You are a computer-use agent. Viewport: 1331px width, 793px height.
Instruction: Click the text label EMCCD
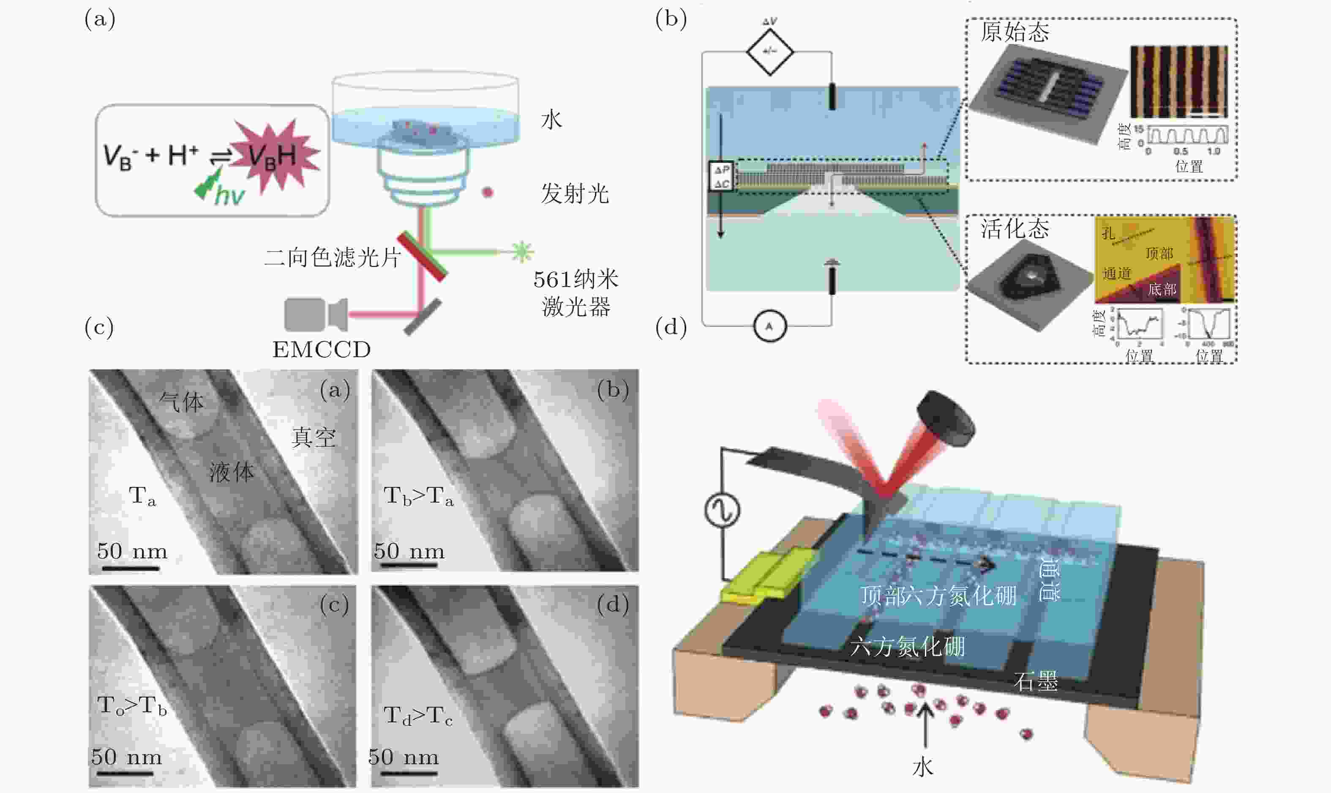click(x=322, y=350)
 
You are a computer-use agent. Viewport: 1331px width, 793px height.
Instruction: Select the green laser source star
click(x=522, y=251)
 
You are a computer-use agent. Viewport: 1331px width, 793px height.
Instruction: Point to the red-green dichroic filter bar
click(x=422, y=256)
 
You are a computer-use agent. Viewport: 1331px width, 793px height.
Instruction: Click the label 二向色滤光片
click(x=332, y=257)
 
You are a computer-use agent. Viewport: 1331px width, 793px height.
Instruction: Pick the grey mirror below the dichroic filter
click(x=422, y=316)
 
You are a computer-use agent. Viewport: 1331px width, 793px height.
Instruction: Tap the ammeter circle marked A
click(x=769, y=325)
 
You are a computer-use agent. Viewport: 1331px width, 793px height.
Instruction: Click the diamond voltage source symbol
click(x=769, y=52)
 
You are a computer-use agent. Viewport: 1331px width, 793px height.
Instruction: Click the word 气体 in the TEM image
click(x=182, y=401)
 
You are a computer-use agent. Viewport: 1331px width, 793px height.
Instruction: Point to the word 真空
click(x=314, y=438)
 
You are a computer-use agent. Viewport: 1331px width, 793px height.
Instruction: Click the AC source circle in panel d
click(x=722, y=510)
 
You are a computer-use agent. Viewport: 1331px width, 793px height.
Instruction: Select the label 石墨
click(x=1035, y=681)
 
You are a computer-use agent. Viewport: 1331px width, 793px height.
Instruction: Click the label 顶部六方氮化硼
click(x=938, y=595)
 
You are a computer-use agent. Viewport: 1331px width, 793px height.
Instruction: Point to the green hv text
click(x=230, y=196)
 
